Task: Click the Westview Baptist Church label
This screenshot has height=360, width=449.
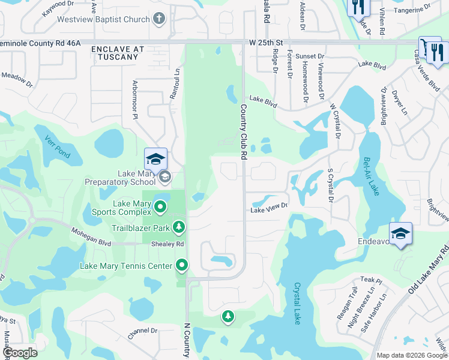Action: [103, 19]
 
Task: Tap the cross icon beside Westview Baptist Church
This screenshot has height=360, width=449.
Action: [159, 19]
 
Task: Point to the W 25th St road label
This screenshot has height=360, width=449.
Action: [266, 43]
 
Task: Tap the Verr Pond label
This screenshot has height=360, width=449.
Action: [58, 147]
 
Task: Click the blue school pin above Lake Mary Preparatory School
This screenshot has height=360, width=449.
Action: [155, 159]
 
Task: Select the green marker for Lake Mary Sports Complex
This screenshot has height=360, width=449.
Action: [160, 208]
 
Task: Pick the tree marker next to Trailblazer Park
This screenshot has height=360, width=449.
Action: [178, 227]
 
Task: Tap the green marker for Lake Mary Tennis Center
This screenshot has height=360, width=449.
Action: [182, 265]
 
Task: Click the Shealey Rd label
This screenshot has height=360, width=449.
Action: [167, 244]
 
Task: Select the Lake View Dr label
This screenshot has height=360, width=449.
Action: [269, 209]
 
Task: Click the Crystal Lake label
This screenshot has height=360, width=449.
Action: [297, 304]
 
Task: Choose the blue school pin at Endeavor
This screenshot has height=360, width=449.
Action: [400, 234]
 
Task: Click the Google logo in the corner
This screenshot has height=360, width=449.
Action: [20, 353]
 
